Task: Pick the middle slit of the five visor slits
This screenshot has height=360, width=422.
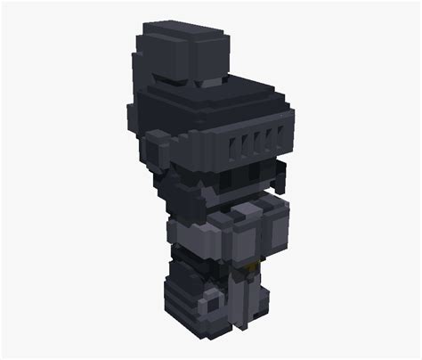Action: click(258, 139)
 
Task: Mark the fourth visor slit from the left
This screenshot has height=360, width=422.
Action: click(271, 137)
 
